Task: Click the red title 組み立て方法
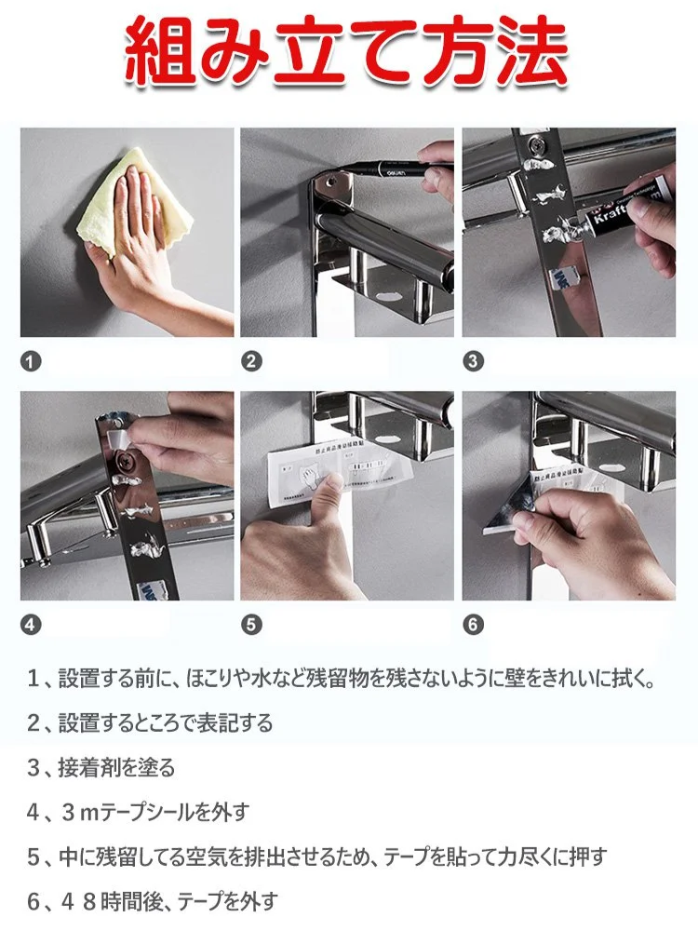point(346,52)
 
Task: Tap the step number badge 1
point(33,362)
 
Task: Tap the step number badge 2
point(251,362)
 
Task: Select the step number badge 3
point(473,362)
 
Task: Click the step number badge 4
point(33,625)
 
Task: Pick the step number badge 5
point(251,625)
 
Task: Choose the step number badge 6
point(473,625)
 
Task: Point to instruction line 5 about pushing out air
point(316,857)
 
